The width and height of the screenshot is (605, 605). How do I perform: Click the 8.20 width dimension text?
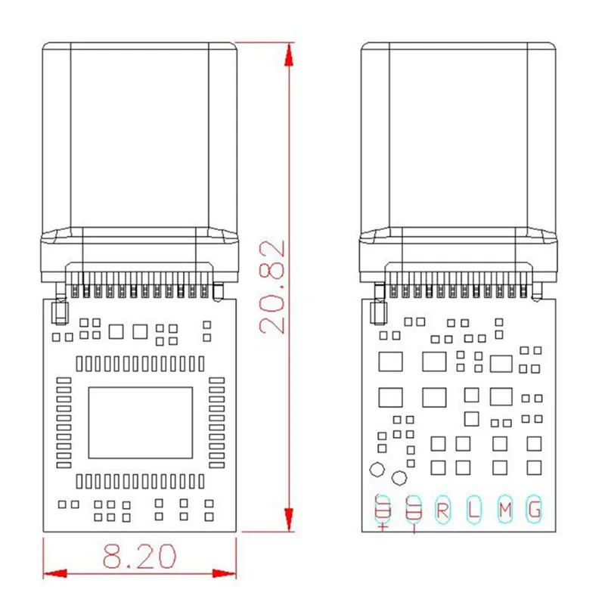[140, 557]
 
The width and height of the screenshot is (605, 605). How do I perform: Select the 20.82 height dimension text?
[271, 287]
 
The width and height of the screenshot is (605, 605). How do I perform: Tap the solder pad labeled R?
[442, 510]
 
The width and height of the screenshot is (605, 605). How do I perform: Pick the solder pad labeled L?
[473, 510]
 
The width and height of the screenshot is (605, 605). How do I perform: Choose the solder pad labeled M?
[504, 510]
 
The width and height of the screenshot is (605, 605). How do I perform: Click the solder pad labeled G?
[535, 510]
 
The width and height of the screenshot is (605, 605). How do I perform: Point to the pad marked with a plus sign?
[382, 510]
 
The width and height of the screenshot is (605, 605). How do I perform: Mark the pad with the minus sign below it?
[413, 510]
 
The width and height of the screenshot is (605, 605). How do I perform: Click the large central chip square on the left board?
[141, 423]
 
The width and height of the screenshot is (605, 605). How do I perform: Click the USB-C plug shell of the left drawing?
[139, 136]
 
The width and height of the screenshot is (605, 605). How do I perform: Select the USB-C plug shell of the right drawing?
[459, 136]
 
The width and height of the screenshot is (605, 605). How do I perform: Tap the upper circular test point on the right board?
[376, 469]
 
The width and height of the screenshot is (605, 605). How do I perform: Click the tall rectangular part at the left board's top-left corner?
[56, 310]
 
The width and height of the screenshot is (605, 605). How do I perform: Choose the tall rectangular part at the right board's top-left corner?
[376, 310]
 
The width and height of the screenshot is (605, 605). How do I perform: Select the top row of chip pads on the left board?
[140, 363]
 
